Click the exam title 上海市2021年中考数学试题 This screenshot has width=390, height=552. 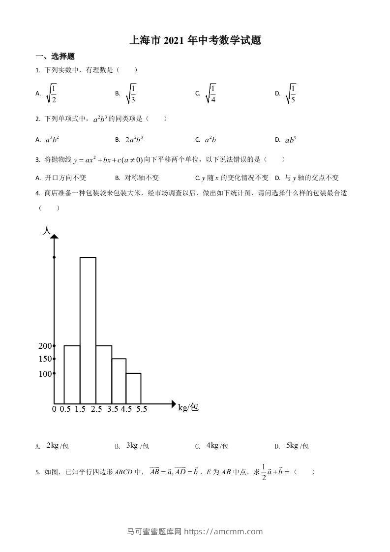[195, 40]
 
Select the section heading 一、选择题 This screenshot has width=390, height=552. [55, 57]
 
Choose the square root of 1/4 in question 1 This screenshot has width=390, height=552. [211, 93]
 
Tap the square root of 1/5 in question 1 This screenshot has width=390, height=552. [291, 93]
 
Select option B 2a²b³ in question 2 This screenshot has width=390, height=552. [134, 140]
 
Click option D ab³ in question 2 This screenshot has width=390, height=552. [291, 140]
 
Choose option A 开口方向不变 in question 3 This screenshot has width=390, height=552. [65, 178]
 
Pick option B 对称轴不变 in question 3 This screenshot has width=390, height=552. [142, 178]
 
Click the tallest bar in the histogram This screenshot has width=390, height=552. [88, 330]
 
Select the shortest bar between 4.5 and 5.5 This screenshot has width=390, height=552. [133, 388]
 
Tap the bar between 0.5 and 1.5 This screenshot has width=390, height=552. [72, 374]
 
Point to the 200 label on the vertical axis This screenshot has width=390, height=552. [45, 346]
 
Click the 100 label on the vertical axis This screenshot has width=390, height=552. [45, 374]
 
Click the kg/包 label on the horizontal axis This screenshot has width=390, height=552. [188, 407]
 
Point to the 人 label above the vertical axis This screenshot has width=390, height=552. [47, 230]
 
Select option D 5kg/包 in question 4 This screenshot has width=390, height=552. [297, 446]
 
